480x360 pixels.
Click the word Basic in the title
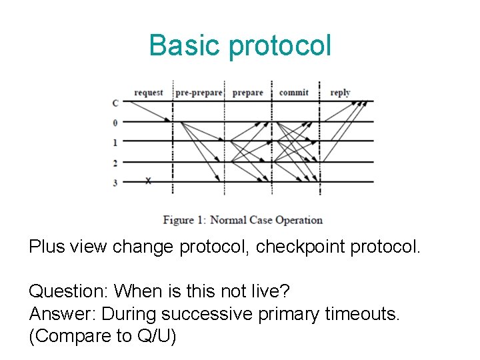pyautogui.click(x=185, y=45)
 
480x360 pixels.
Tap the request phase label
pyautogui.click(x=148, y=93)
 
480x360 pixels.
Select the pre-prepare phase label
pyautogui.click(x=199, y=93)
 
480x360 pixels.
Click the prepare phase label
pyautogui.click(x=247, y=93)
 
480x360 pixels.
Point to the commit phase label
pyautogui.click(x=293, y=93)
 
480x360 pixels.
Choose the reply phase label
pyautogui.click(x=340, y=93)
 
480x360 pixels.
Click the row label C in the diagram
pyautogui.click(x=116, y=103)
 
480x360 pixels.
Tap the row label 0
pyautogui.click(x=115, y=123)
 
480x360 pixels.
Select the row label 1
pyautogui.click(x=115, y=142)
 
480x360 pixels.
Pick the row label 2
pyautogui.click(x=115, y=162)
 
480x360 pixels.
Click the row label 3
pyautogui.click(x=115, y=181)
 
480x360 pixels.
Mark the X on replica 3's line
pyautogui.click(x=148, y=181)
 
